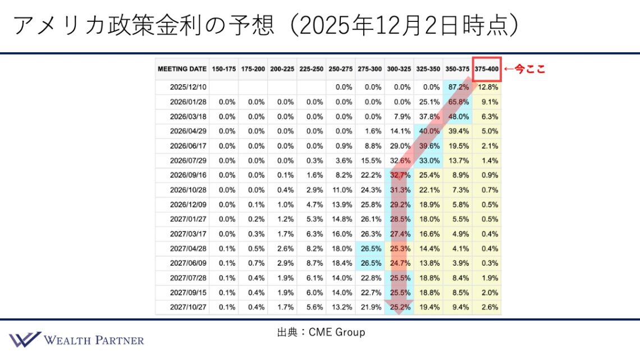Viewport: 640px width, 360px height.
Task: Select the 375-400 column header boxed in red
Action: (x=486, y=69)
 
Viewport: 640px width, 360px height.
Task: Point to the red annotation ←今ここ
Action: (x=524, y=69)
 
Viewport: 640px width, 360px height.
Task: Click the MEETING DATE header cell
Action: (x=182, y=69)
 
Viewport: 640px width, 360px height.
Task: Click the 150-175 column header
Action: (x=224, y=69)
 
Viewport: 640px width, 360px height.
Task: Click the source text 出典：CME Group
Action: (x=321, y=332)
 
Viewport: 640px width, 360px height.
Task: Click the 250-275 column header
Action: (x=341, y=69)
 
